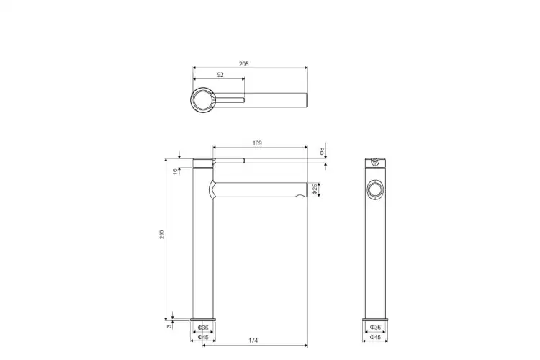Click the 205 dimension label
tap(243, 64)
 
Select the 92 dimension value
tap(220, 75)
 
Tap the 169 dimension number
tap(257, 143)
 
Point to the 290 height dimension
tap(162, 235)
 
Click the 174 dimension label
tap(253, 341)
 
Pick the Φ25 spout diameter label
tap(315, 189)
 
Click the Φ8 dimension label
tap(322, 151)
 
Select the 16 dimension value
tap(175, 171)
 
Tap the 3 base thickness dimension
tap(169, 326)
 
